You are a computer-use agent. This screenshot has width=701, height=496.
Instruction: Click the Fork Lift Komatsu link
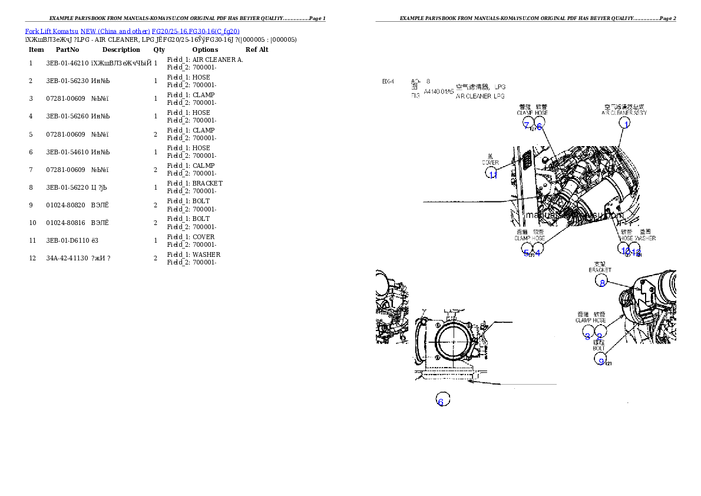point(51,31)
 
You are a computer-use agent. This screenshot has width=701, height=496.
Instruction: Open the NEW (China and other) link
point(115,31)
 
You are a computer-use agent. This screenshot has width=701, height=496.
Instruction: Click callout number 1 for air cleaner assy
point(627,124)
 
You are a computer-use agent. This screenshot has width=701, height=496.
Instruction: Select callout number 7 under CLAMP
point(527,125)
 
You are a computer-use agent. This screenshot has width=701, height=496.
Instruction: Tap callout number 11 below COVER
point(492,174)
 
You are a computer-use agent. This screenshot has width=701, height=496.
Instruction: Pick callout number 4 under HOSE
point(537,253)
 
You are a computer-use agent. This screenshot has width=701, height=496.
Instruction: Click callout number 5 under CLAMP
point(526,253)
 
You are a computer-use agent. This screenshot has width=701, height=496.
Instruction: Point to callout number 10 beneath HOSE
point(624,250)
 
